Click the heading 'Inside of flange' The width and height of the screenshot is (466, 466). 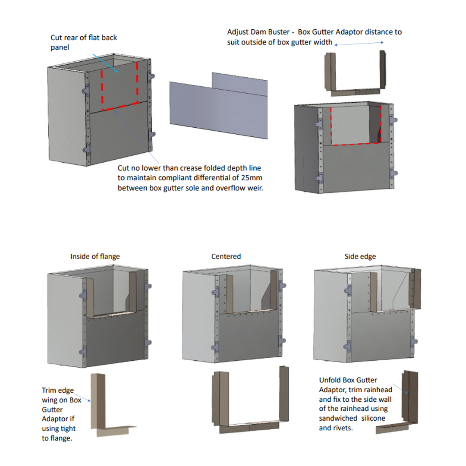(95, 256)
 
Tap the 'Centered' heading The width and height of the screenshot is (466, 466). (226, 256)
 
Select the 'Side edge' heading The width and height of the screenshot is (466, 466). (360, 256)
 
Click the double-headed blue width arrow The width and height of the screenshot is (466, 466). (359, 43)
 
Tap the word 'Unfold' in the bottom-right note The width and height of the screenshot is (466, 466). (330, 380)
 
